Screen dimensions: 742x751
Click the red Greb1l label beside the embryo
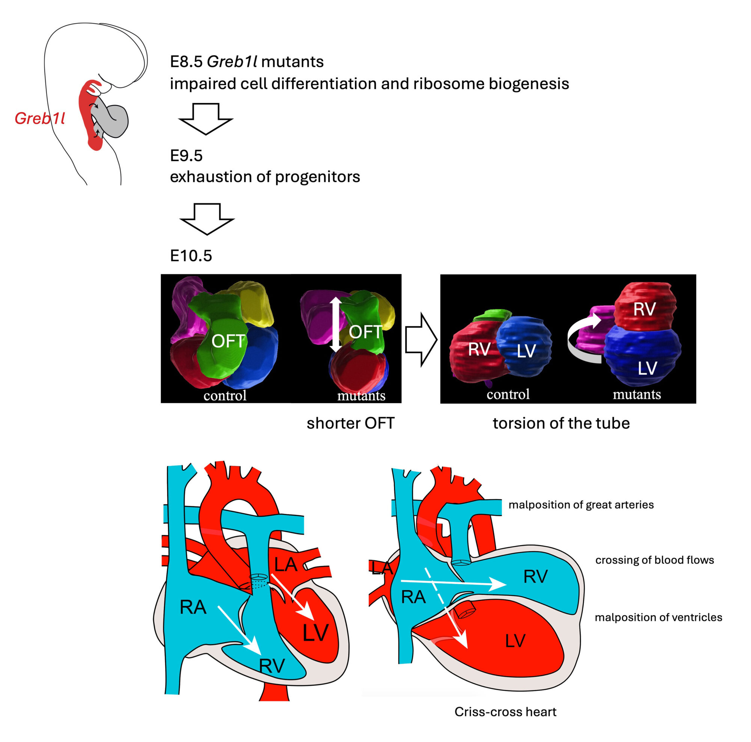[40, 119]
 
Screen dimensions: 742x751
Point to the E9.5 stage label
[186, 156]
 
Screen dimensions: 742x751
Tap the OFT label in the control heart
[228, 341]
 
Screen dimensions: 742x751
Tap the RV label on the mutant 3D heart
[644, 309]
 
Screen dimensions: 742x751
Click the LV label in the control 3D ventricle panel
[526, 351]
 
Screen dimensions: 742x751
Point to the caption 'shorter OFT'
[350, 423]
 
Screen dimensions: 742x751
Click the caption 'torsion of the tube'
[561, 423]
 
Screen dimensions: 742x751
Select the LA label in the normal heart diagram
[286, 564]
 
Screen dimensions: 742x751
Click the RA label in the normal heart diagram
[193, 607]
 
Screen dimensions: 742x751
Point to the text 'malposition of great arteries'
[581, 505]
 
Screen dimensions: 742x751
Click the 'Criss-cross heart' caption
[505, 712]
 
